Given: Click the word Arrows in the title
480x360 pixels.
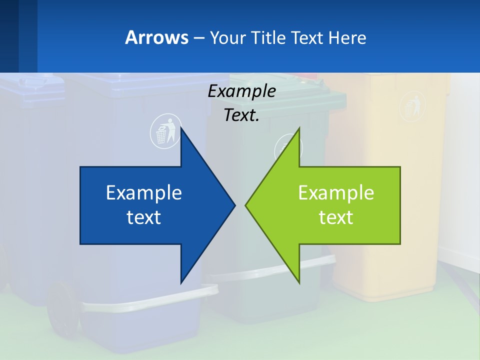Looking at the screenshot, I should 156,38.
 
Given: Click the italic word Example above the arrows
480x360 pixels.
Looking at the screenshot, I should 241,91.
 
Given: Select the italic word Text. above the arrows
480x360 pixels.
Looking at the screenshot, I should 241,115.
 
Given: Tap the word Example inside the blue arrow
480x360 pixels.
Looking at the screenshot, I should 144,193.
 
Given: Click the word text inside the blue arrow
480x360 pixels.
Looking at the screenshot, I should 144,217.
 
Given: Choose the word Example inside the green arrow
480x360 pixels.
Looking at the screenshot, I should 336,193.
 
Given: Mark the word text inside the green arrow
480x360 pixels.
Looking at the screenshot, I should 336,217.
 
